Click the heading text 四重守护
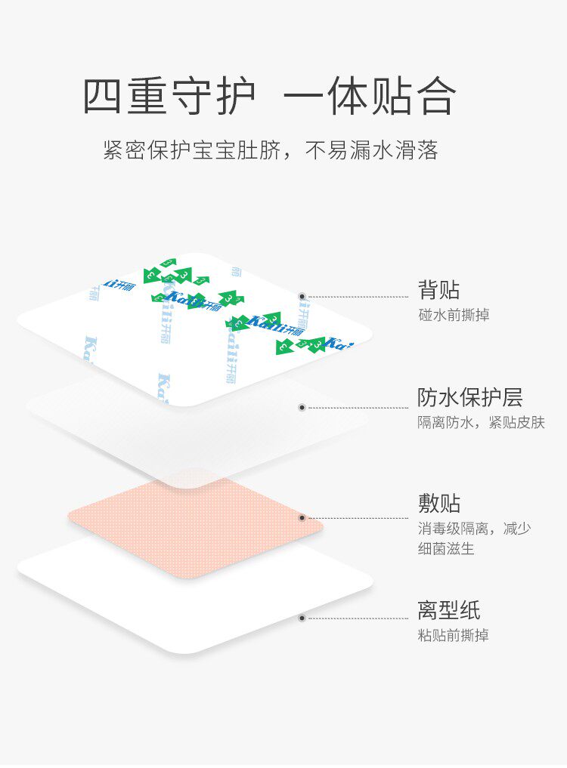point(170,96)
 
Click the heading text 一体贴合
point(370,96)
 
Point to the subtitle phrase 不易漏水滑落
point(372,150)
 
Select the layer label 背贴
point(438,289)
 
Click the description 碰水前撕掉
point(454,315)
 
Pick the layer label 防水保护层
point(469,397)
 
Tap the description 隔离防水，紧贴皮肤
point(481,423)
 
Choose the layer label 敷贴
point(439,503)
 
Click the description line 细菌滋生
point(446,549)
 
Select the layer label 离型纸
point(449,609)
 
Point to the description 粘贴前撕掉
point(454,636)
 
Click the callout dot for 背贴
point(302,297)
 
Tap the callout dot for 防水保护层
point(302,407)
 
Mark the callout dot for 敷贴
point(302,518)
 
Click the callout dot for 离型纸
point(302,618)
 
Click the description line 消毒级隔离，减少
point(475,529)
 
